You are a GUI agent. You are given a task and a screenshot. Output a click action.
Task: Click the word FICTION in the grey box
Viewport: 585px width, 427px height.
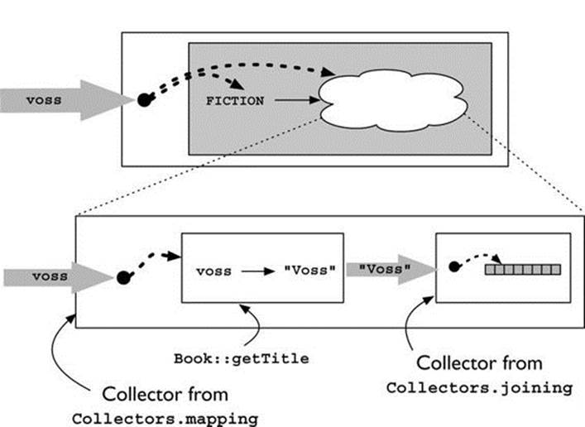point(235,101)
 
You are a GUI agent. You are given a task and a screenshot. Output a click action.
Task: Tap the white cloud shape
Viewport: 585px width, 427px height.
point(392,100)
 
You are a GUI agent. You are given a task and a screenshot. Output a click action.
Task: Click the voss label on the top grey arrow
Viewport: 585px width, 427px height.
point(44,100)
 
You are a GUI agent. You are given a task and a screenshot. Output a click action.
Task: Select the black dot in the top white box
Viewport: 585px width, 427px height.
point(145,99)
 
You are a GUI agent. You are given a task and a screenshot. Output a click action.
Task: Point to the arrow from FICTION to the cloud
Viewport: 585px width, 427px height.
point(297,100)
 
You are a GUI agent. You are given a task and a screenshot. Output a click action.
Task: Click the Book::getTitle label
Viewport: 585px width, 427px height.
point(242,358)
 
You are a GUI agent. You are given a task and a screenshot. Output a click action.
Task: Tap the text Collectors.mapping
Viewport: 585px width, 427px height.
point(165,419)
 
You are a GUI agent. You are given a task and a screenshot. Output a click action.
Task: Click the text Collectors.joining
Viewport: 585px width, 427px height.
point(479,388)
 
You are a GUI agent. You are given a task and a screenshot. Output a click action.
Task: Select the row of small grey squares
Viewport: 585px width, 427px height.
point(523,270)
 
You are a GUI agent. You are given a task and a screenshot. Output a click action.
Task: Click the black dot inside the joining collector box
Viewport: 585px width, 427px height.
point(454,266)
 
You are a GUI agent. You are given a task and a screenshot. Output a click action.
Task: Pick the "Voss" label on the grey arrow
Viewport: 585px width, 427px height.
point(385,269)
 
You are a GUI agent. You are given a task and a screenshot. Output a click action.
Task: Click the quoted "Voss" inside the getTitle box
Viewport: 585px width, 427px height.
point(309,270)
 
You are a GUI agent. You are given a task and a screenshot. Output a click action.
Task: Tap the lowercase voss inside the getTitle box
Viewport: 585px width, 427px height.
point(213,271)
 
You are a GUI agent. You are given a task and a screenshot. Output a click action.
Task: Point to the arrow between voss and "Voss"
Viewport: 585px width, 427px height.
point(258,271)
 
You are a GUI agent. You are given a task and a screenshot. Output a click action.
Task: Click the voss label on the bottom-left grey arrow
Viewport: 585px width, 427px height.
point(50,276)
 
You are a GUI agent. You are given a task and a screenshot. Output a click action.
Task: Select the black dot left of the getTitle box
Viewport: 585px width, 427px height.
point(123,278)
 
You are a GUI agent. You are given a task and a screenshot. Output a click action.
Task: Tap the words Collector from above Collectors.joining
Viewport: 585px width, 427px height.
point(479,362)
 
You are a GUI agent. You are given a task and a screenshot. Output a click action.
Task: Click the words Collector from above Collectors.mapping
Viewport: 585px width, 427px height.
point(165,394)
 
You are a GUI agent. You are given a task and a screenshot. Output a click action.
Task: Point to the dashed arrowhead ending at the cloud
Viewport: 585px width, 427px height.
point(328,72)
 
